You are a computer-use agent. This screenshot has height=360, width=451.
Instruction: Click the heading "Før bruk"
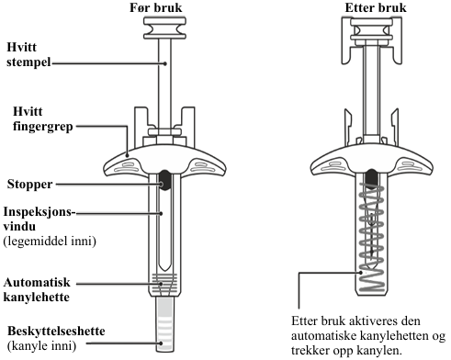(156, 7)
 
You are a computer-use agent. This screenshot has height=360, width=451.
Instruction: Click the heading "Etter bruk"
(376, 7)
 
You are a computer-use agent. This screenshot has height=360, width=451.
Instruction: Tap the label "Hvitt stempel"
(28, 54)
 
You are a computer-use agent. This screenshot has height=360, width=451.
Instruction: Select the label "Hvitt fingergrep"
(43, 118)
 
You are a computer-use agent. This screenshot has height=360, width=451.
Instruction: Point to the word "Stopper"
(29, 185)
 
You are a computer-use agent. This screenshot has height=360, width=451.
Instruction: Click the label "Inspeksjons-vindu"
(39, 219)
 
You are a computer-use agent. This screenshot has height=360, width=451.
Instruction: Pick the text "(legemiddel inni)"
(50, 242)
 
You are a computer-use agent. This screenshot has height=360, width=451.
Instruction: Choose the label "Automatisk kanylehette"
(37, 289)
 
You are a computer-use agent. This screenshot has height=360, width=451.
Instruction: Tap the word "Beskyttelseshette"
(56, 331)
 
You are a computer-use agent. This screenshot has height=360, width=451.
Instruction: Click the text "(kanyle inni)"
(41, 346)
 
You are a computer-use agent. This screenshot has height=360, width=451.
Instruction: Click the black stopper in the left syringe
(165, 180)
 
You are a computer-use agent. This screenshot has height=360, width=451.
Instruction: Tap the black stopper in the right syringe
(372, 178)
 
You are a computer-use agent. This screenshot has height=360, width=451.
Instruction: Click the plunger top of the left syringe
(164, 28)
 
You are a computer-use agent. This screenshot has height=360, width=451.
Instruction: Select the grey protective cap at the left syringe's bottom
(164, 324)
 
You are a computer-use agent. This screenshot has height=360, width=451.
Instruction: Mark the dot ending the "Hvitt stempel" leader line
(165, 63)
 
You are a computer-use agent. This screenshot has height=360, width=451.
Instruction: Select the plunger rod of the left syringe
(164, 84)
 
